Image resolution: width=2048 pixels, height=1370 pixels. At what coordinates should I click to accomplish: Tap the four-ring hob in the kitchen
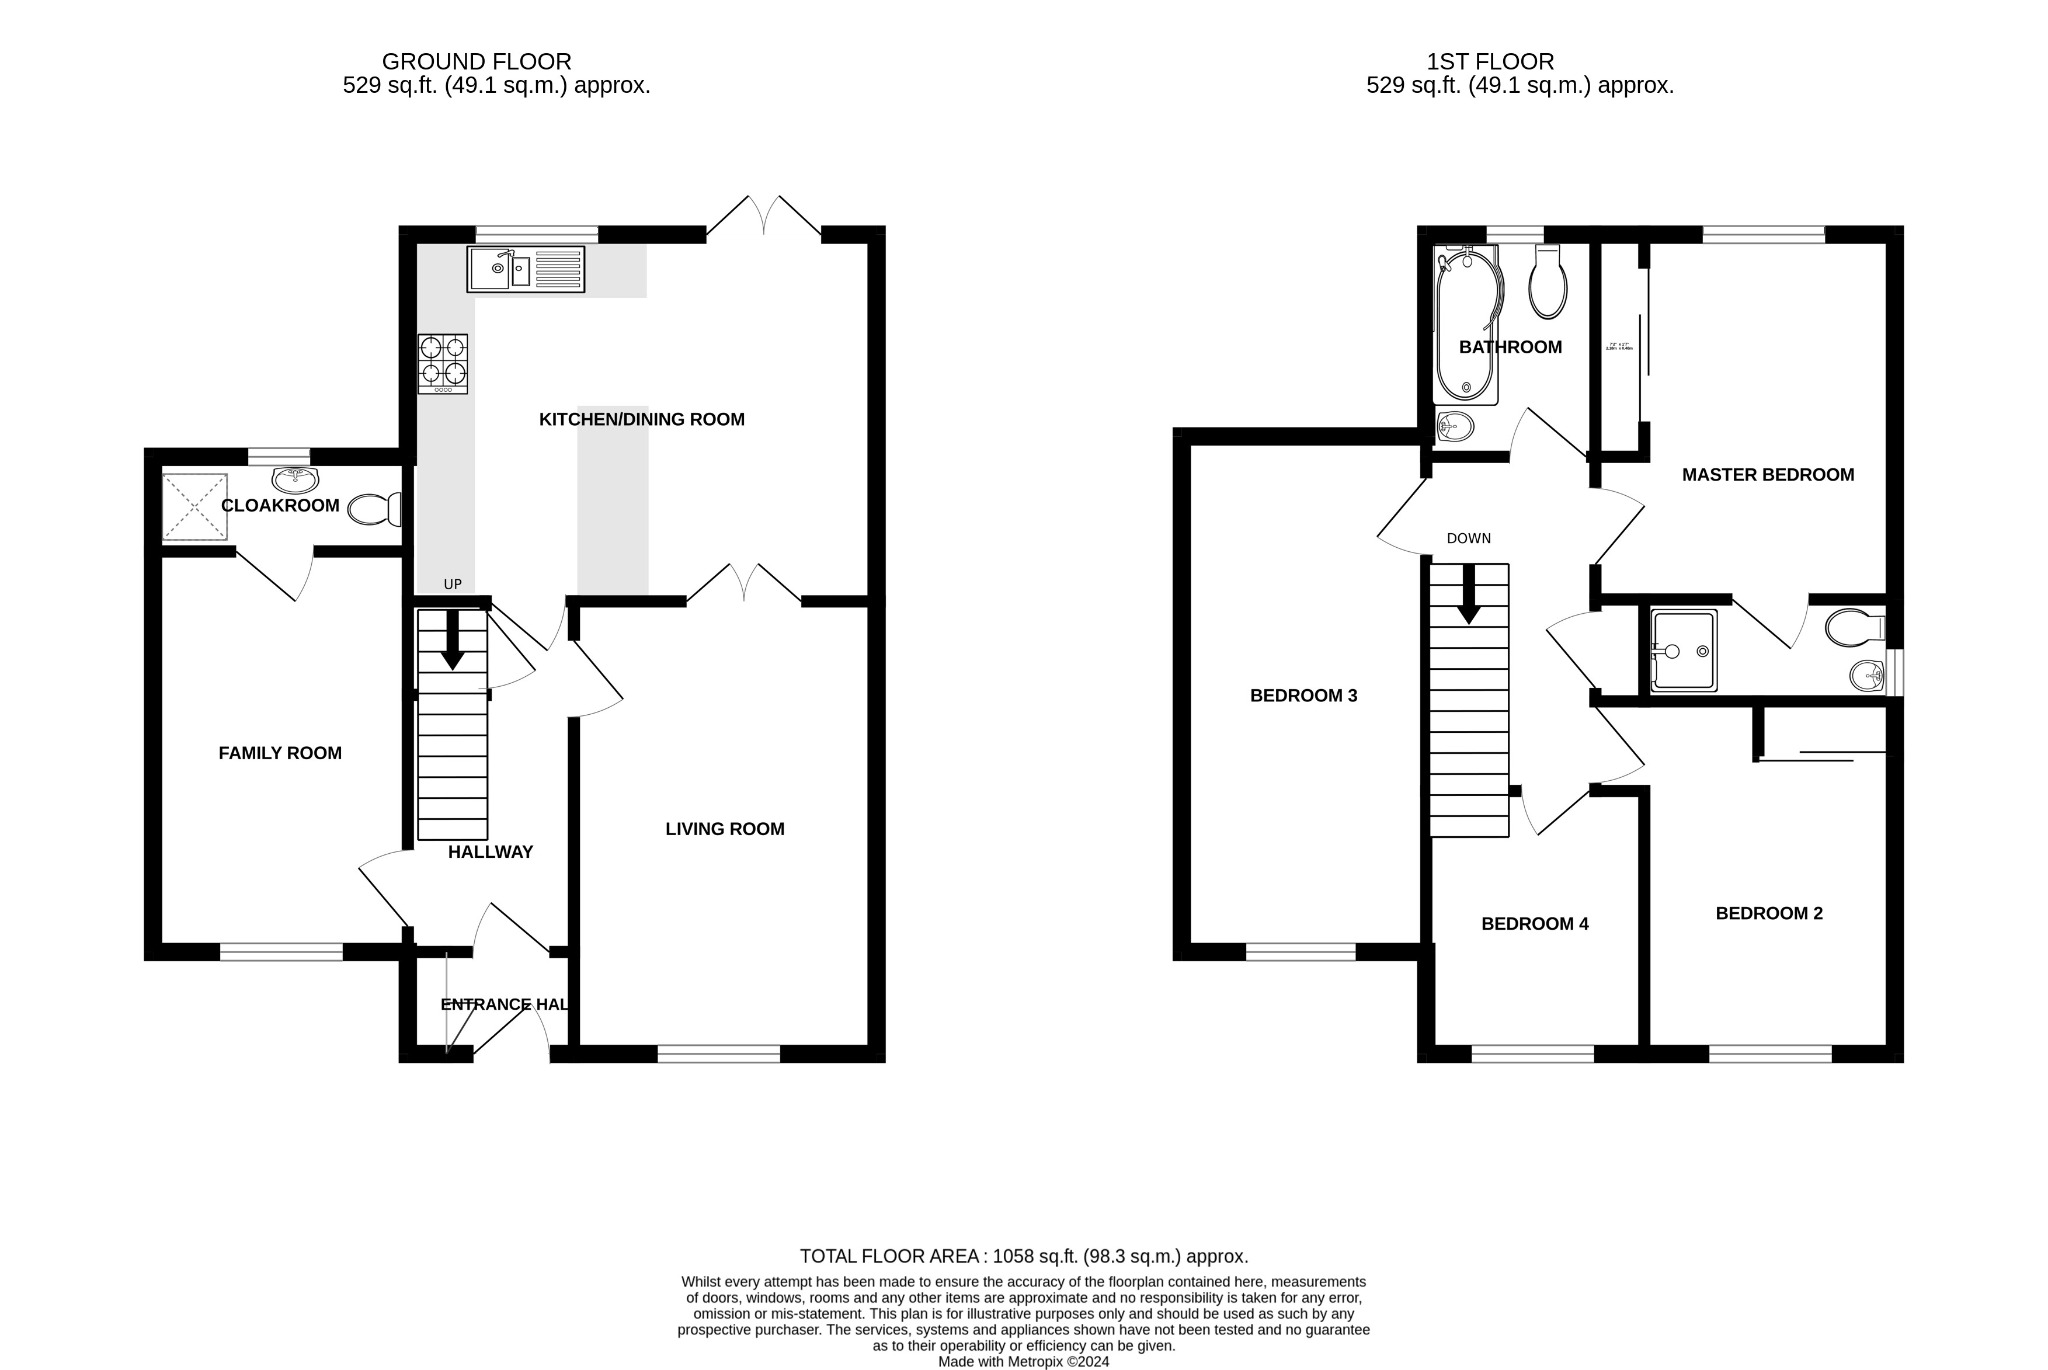pyautogui.click(x=443, y=363)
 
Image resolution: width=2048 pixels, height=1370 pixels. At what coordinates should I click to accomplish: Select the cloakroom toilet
pyautogui.click(x=374, y=510)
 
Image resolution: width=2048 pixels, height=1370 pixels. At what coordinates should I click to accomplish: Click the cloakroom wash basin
pyautogui.click(x=295, y=480)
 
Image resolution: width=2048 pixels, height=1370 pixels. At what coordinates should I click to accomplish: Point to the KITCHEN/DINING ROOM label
pyautogui.click(x=641, y=419)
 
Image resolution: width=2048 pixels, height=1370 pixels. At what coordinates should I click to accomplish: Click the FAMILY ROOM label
pyautogui.click(x=280, y=753)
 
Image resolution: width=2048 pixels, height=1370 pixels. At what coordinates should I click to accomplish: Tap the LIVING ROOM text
pyautogui.click(x=725, y=828)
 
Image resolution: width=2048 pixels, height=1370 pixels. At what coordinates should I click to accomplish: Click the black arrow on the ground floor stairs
pyautogui.click(x=452, y=640)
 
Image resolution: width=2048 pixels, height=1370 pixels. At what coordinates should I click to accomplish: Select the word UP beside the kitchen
pyautogui.click(x=453, y=584)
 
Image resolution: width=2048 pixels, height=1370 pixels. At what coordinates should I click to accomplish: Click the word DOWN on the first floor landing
pyautogui.click(x=1468, y=538)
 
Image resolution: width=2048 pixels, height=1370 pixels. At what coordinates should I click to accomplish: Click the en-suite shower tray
pyautogui.click(x=1684, y=651)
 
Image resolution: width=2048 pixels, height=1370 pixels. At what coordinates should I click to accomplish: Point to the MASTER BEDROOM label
pyautogui.click(x=1767, y=475)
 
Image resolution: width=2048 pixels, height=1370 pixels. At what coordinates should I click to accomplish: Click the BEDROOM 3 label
pyautogui.click(x=1303, y=695)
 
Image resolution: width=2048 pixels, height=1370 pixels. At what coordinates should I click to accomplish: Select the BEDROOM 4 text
pyautogui.click(x=1534, y=923)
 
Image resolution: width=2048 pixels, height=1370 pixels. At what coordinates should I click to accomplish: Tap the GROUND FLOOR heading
pyautogui.click(x=477, y=62)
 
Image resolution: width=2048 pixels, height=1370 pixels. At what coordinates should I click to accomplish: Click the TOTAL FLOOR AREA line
pyautogui.click(x=1023, y=1256)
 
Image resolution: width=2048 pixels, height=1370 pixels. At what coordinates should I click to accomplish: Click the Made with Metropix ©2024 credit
pyautogui.click(x=1023, y=1361)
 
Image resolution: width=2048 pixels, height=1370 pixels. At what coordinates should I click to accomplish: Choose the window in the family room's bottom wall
pyautogui.click(x=281, y=953)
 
